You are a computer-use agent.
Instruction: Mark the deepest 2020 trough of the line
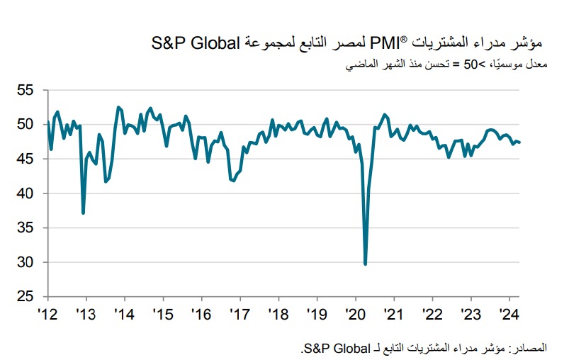[x=365, y=264]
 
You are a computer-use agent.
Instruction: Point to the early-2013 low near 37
[x=84, y=213]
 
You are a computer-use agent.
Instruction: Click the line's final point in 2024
[x=520, y=142]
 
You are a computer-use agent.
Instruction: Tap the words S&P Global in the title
[x=198, y=43]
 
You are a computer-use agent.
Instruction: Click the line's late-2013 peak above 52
[x=118, y=107]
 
